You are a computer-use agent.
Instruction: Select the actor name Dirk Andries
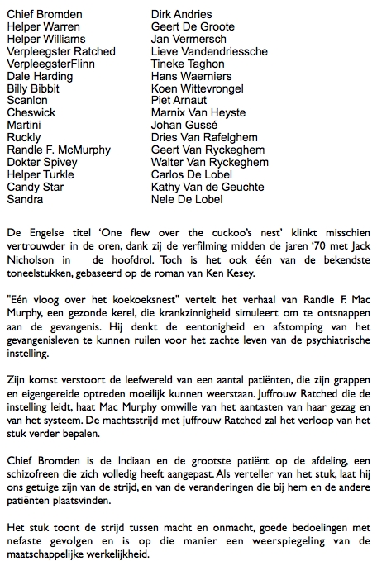click(x=182, y=14)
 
